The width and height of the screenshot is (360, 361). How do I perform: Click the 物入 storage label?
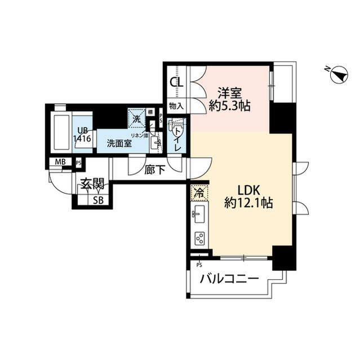pos(176,105)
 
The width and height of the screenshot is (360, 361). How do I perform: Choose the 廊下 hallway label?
pos(154,168)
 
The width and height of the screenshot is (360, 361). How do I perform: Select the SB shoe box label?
pos(98,200)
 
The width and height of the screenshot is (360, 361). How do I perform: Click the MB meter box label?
pos(60,162)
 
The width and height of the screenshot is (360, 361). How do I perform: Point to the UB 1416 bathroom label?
pos(83,136)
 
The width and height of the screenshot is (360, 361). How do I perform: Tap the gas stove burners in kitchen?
pos(199,238)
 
